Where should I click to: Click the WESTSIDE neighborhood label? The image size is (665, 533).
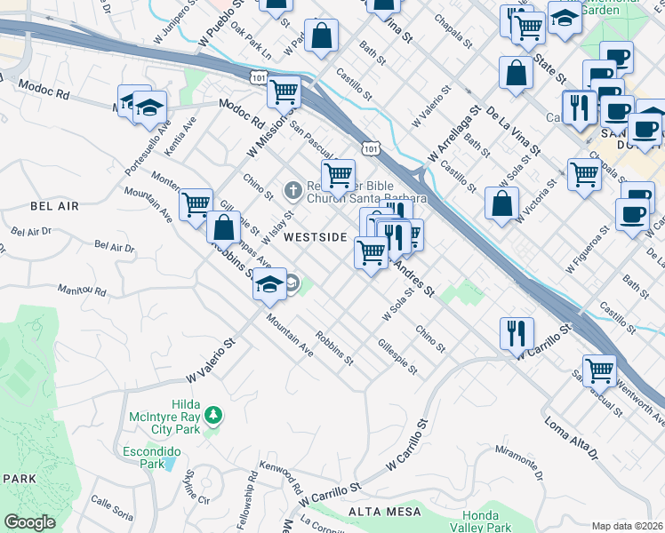click(315, 237)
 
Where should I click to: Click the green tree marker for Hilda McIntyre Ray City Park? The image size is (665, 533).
click(212, 415)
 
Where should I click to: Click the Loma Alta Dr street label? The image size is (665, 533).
click(584, 438)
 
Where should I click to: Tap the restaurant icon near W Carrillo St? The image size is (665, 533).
click(516, 333)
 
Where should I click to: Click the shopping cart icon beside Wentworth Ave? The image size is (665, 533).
click(600, 370)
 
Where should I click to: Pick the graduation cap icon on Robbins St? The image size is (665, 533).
click(269, 284)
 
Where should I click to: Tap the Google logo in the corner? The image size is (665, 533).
click(29, 522)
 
